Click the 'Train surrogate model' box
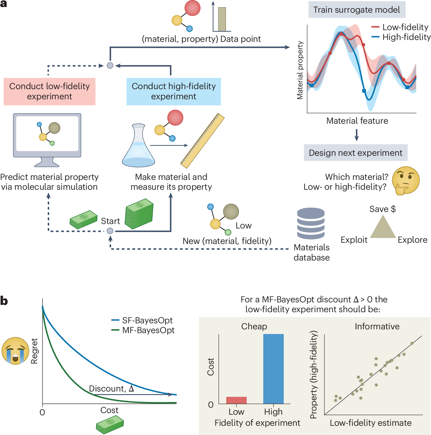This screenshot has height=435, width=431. tap(357, 10)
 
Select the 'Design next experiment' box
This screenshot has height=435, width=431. tap(355, 153)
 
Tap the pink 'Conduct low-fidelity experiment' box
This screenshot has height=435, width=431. tap(50, 91)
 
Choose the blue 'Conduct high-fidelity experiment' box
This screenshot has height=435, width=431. tap(174, 91)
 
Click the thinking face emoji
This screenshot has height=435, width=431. tap(405, 181)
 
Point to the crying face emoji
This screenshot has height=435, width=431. tap(15, 351)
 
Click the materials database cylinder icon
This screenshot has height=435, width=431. tap(311, 223)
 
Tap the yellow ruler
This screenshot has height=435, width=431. tap(202, 141)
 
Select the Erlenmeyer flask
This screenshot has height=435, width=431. tap(138, 147)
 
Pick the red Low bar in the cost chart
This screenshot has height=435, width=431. tap(236, 400)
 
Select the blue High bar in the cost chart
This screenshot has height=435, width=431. tap(273, 369)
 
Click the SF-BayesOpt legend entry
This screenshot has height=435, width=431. tap(143, 320)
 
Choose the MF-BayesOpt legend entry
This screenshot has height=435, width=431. tap(143, 330)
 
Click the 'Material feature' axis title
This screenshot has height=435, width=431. tap(357, 121)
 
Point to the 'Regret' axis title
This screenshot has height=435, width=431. tap(34, 351)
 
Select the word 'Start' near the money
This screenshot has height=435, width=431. tap(110, 221)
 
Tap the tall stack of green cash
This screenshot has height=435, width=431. tap(139, 214)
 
